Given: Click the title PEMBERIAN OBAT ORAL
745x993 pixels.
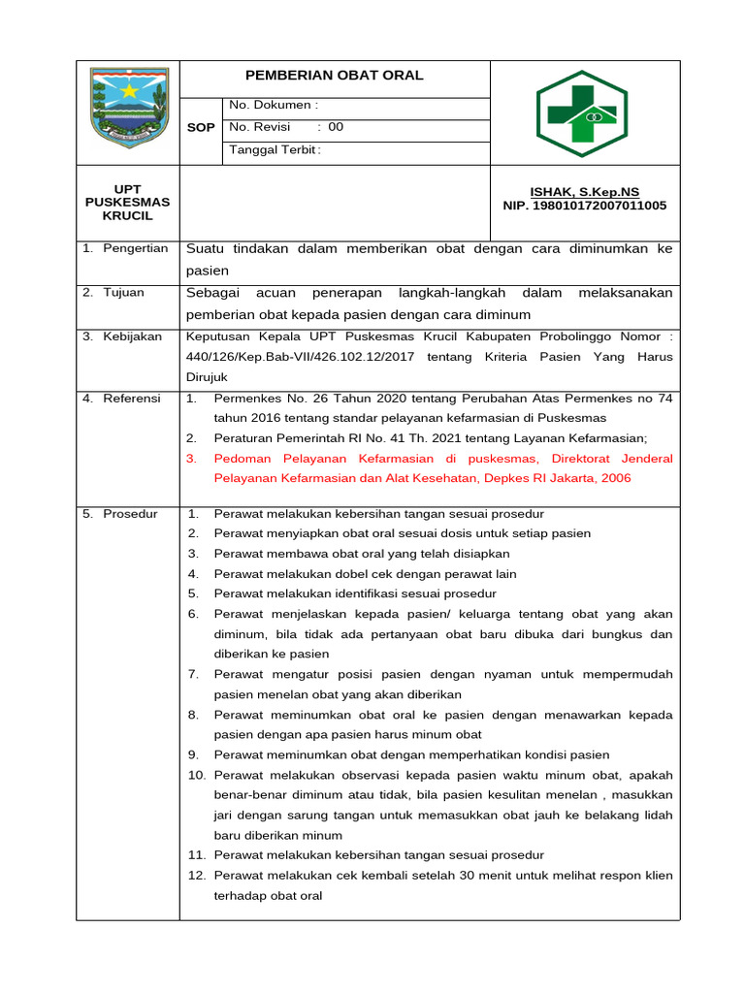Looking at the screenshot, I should pos(334,76).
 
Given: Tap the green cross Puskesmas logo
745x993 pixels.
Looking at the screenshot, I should pos(582,113).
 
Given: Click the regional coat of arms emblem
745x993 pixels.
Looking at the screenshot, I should pos(127,107).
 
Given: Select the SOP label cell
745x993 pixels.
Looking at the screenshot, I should pos(201,128).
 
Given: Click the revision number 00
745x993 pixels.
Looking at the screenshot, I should pos(336,127).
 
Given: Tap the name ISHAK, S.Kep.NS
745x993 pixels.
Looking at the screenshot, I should pos(584,192).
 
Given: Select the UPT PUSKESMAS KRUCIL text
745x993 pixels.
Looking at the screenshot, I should pos(127,203).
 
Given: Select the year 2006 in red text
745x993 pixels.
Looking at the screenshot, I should pos(615,478).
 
